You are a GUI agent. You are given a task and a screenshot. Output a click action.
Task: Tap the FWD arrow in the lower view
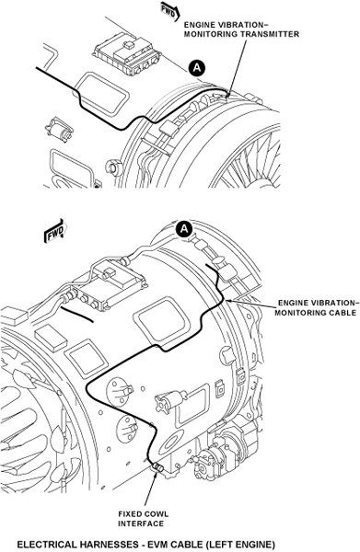[x=55, y=232]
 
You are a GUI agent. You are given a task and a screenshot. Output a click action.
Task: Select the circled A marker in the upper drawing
[x=197, y=67]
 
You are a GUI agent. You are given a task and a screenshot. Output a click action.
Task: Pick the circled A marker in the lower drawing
[x=184, y=229]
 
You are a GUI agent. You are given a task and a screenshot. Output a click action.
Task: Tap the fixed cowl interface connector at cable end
[x=157, y=468]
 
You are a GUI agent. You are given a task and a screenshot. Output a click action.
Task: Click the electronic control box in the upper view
[x=128, y=53]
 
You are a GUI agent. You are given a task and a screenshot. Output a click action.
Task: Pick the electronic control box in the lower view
[x=109, y=285]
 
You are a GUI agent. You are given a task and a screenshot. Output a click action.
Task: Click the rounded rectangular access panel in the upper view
[x=102, y=93]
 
